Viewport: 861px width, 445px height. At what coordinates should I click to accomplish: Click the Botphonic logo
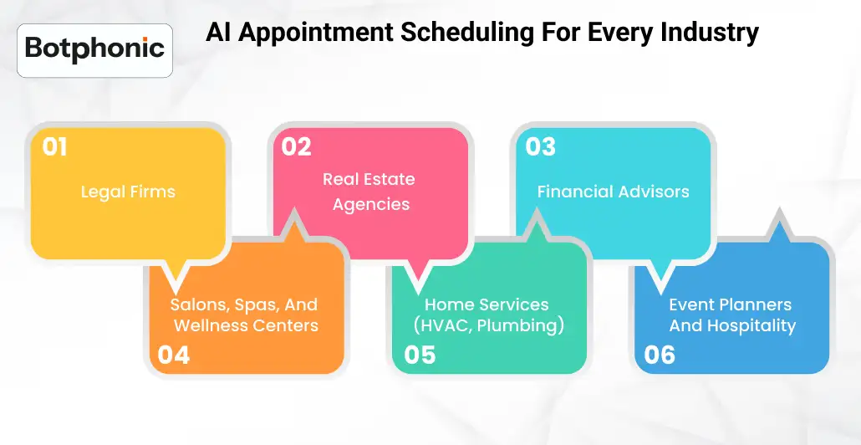click(94, 49)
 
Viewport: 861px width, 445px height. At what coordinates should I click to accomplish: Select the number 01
click(54, 147)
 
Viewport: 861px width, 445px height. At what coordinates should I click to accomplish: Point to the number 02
click(296, 147)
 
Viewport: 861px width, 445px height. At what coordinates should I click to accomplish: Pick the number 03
click(540, 147)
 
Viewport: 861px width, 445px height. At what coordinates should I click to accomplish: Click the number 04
click(173, 355)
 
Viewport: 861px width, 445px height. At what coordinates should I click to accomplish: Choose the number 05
click(420, 355)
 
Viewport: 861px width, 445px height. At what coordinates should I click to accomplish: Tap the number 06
click(660, 355)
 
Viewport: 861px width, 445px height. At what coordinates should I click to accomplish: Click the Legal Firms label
click(128, 192)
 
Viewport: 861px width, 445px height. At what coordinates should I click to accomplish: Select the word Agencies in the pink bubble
click(371, 205)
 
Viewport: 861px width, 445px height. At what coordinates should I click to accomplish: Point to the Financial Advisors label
click(613, 192)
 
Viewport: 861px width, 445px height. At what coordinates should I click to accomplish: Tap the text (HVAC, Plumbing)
click(489, 325)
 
